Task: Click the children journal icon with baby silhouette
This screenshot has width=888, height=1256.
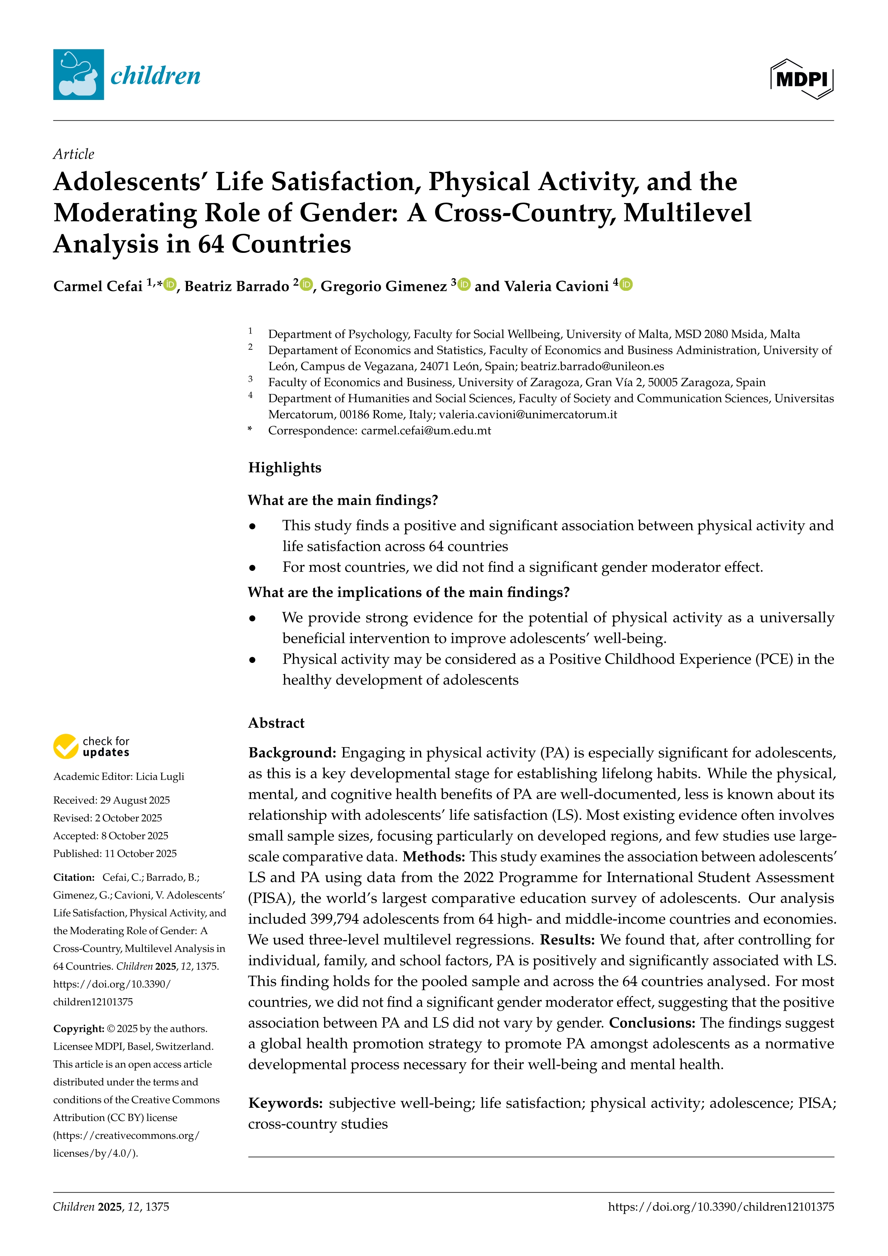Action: click(78, 74)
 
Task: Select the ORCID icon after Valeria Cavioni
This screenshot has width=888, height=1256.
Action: click(627, 284)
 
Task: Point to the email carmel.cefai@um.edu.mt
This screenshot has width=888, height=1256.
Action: click(426, 430)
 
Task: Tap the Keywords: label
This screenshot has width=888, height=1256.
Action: click(285, 1103)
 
